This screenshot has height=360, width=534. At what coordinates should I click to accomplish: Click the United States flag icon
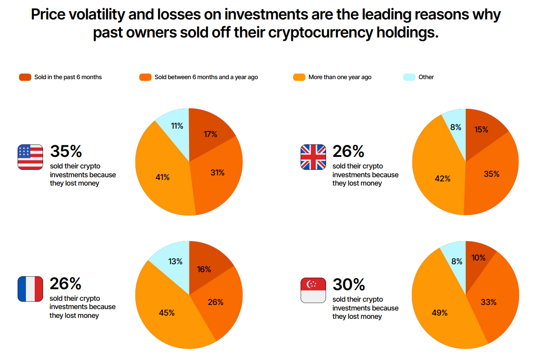coord(30,157)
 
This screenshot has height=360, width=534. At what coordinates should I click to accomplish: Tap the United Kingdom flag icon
coord(314,157)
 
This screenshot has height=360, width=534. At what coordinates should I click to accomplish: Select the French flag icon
coord(30,289)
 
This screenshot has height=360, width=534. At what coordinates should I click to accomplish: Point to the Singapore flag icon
coord(314,290)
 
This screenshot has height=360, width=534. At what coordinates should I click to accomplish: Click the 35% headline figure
coord(66,151)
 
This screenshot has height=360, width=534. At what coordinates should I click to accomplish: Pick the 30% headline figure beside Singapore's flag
coord(349,284)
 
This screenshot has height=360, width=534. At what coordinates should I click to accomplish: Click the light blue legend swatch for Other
coord(409,77)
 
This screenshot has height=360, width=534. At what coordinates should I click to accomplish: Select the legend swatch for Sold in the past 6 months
coord(25,77)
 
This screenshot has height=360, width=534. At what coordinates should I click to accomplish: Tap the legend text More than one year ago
coord(339,77)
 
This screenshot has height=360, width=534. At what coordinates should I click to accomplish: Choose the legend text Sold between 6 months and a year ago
coord(206,77)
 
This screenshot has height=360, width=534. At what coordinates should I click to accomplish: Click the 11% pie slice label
coord(177,126)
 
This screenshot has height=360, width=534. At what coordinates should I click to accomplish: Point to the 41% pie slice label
coord(163,177)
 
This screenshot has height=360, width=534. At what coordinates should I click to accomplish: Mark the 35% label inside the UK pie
coord(491,174)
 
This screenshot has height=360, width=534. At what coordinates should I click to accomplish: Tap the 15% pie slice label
coord(481,130)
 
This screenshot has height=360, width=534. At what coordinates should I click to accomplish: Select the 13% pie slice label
coord(175,261)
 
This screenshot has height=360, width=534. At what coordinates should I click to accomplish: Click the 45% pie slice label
coord(167,313)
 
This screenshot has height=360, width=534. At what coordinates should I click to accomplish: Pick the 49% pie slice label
coord(440,313)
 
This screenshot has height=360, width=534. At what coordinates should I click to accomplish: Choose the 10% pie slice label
coord(479,258)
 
